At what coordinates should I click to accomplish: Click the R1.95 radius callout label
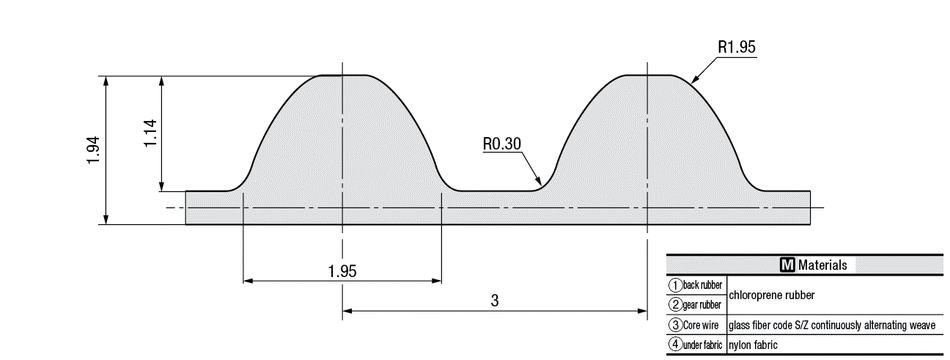pos(737,47)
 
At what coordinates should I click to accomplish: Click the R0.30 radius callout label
pos(502,144)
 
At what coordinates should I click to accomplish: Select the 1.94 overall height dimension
pos(94,151)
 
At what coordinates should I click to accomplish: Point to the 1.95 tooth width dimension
pos(342,271)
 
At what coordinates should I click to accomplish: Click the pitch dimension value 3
pos(494,301)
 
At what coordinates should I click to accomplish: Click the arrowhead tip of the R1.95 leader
pos(691,82)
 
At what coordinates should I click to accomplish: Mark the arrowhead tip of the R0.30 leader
pos(541,184)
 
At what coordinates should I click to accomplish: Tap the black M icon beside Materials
pos(787,265)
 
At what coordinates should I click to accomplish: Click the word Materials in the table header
pos(822,265)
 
